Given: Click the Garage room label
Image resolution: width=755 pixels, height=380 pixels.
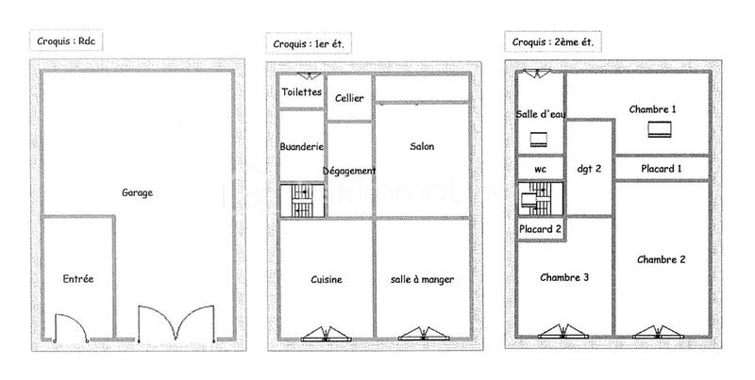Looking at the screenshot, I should click(137, 192).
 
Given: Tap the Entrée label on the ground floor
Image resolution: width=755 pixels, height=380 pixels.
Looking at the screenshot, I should click(77, 279).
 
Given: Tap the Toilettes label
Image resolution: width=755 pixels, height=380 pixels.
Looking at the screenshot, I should click(302, 92).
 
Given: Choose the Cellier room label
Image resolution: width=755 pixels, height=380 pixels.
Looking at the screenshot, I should click(349, 98).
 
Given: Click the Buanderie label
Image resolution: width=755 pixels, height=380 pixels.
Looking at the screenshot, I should click(302, 147).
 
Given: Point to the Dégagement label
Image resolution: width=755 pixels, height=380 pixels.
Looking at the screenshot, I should click(349, 171).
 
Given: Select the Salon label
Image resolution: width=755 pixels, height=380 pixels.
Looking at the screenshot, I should click(422, 147).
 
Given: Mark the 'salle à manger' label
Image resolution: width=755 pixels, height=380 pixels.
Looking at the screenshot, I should click(422, 280).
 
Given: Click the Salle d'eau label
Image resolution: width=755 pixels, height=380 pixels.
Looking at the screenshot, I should click(540, 114).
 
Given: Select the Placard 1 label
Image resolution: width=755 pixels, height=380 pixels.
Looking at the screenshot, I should click(661, 169).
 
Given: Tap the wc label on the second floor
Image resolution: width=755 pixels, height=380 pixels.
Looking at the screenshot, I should click(540, 170).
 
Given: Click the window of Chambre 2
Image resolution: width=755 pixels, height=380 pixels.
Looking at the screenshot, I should click(655, 332).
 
